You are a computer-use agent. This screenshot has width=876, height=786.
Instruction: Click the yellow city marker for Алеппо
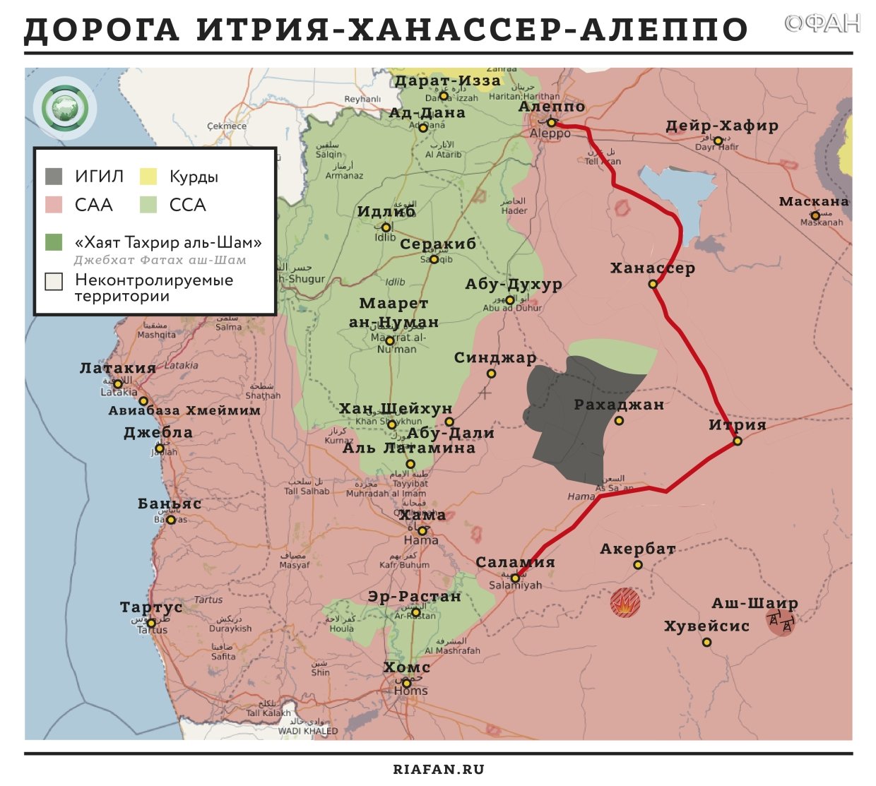(551, 123)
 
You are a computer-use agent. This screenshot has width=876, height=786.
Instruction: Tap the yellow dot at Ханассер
(653, 284)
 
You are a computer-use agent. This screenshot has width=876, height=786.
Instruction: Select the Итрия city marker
(738, 441)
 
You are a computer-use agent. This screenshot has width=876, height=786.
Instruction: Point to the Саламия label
(515, 563)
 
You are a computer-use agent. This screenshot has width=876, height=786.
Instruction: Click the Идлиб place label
(386, 212)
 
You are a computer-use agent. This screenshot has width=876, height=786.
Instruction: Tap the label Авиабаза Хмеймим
(184, 410)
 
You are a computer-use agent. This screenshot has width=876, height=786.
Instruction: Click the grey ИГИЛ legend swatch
(54, 176)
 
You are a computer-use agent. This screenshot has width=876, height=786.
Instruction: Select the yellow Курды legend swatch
(148, 176)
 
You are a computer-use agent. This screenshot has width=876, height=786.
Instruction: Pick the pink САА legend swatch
(54, 205)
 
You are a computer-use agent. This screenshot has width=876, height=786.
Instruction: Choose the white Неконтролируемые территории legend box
(54, 281)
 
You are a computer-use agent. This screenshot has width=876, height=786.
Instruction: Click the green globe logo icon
(64, 108)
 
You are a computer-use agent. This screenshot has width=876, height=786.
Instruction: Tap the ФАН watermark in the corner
(822, 25)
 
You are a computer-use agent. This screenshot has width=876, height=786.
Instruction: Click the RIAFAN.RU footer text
(438, 769)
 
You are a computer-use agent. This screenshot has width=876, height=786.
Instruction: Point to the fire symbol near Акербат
(625, 603)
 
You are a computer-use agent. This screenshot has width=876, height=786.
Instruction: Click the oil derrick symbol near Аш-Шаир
(781, 622)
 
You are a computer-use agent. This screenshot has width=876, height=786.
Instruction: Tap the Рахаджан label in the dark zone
(619, 405)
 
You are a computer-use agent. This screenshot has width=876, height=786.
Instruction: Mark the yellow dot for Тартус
(151, 623)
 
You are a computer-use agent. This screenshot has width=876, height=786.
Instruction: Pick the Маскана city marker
(815, 215)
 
